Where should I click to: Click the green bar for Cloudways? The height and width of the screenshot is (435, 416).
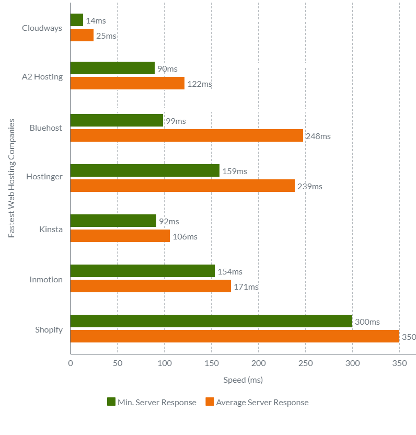pos(77,20)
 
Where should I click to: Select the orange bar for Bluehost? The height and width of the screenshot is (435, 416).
pos(187,136)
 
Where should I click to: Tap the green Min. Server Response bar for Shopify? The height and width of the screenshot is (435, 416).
pos(211,322)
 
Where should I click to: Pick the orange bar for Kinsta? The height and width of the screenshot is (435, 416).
pos(120,236)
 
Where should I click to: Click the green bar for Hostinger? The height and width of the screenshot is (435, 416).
pos(145,171)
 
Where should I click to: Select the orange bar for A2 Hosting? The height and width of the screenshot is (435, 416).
pos(128,84)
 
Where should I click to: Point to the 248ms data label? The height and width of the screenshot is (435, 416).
pos(318,136)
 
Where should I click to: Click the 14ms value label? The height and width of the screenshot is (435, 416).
pos(96,21)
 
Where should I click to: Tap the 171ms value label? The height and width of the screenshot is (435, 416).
pos(246,287)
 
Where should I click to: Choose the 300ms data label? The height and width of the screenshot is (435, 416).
pos(367,322)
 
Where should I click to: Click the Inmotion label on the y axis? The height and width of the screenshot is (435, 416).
pos(46,280)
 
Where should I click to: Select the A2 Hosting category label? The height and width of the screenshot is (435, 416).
pos(42,77)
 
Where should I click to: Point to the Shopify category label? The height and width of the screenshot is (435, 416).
pos(49,330)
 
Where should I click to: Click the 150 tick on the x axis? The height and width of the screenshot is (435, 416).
pos(212,363)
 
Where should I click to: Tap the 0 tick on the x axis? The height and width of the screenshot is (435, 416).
pos(71,363)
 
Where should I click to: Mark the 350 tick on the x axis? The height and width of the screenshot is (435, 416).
pos(399,363)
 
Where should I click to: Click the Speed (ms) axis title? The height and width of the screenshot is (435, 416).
pos(243,380)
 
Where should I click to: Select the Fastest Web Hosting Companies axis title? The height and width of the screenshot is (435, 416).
pos(11,178)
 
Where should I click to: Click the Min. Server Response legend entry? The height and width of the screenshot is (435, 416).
pos(152,403)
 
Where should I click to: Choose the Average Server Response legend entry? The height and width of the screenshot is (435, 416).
pos(257,403)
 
